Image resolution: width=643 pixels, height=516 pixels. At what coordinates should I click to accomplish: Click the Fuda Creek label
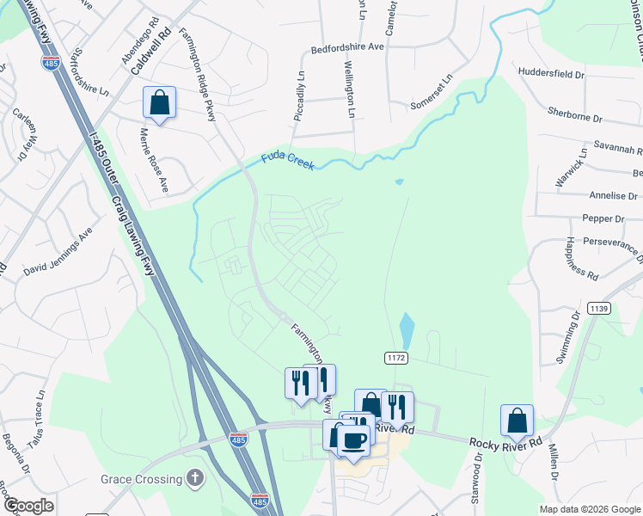tap(288, 161)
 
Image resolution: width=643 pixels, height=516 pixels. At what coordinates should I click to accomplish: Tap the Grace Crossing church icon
tap(196, 478)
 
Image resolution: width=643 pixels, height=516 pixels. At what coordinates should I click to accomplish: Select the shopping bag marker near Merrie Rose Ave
tap(159, 103)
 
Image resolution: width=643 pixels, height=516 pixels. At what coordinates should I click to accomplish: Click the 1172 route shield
tap(395, 356)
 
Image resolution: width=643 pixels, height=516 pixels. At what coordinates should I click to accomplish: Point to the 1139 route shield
tap(598, 308)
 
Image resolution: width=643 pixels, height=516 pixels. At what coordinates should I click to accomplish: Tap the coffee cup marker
tap(352, 440)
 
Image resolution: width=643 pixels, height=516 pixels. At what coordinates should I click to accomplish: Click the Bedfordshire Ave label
tap(346, 48)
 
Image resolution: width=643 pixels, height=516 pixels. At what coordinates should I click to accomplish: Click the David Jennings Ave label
tap(58, 255)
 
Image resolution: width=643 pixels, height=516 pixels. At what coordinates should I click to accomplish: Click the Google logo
tap(28, 505)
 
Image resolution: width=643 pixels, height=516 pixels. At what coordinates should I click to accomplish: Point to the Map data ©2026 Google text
tap(589, 509)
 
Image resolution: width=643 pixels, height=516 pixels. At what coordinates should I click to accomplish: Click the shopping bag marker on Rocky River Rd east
tap(517, 421)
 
